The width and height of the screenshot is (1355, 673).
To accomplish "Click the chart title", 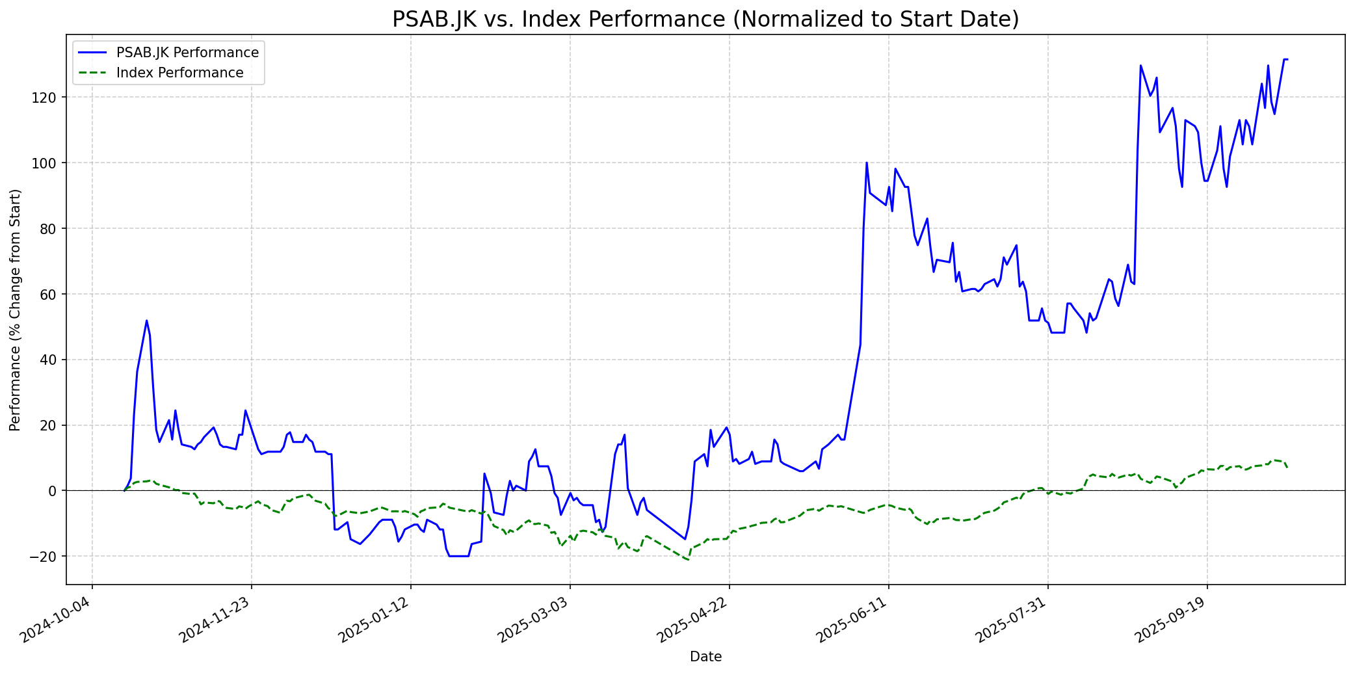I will pos(705,20).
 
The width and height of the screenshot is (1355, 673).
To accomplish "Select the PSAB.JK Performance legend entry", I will pos(187,53).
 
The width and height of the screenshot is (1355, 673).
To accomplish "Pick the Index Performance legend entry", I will pos(179,73).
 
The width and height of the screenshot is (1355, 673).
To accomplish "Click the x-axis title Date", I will pos(705,657).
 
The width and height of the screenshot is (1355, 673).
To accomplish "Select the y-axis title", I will pos(16,310).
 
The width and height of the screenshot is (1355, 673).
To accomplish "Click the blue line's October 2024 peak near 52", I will pos(146,321).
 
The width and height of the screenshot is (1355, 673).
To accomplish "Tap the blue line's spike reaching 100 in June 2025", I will pos(867,163).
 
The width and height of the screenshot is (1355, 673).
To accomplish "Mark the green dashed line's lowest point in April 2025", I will pos(688,560).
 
